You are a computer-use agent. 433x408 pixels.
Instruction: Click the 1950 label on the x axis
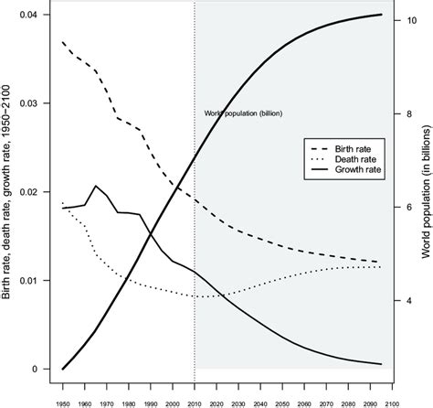(63, 401)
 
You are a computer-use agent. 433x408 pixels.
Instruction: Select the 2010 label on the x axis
(195, 401)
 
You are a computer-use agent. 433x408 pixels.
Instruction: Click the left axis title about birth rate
(8, 192)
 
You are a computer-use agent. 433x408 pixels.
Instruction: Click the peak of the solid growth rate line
(96, 186)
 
